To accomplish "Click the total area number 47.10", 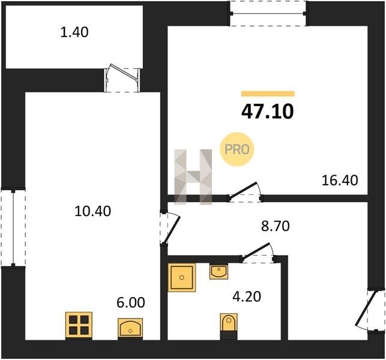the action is click(x=268, y=112).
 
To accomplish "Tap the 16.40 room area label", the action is click(x=340, y=181).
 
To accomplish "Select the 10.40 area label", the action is click(x=92, y=211).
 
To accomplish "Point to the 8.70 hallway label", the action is click(x=275, y=226).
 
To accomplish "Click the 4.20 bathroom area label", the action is click(x=247, y=296).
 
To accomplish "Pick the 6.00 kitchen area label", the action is click(x=131, y=302).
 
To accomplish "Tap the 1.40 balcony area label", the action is click(x=74, y=32).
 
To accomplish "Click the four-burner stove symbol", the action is click(x=79, y=326).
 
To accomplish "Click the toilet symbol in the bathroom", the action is click(x=229, y=326).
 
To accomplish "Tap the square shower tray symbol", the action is click(x=182, y=277).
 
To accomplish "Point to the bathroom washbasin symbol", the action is click(x=219, y=271).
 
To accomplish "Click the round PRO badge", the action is click(x=237, y=149).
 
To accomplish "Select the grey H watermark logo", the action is click(x=193, y=177).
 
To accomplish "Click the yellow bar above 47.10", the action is click(x=268, y=94).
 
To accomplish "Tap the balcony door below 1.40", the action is click(x=122, y=78).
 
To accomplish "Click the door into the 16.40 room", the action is click(x=245, y=193).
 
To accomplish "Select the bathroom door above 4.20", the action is click(x=259, y=253).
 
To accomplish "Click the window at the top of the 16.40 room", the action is click(x=268, y=13).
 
